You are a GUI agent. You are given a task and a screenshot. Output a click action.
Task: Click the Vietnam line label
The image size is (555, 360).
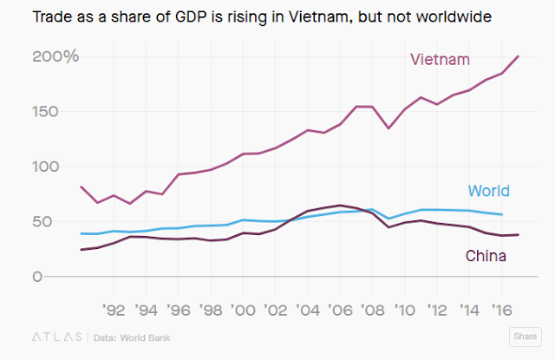(x=440, y=60)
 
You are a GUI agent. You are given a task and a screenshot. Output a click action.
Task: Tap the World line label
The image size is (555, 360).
(x=488, y=191)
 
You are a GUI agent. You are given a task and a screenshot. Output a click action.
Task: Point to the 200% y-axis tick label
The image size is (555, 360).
(x=55, y=57)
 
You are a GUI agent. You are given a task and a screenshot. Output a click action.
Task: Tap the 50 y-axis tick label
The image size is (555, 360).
(x=43, y=221)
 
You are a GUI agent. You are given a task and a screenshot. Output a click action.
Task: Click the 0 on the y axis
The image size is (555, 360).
(x=38, y=277)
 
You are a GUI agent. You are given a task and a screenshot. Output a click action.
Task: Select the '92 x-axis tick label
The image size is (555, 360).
(x=114, y=307)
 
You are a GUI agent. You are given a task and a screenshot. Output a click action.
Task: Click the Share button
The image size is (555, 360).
(x=524, y=336)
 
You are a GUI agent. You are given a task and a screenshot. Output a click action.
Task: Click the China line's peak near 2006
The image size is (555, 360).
(x=342, y=205)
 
